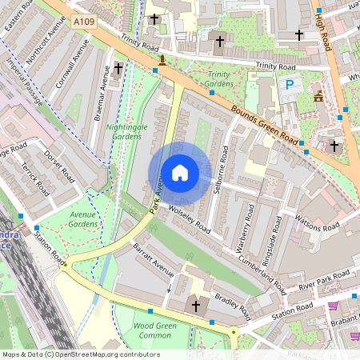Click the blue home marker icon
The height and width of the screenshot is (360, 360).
point(180,173)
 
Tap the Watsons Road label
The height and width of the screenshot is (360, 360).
point(317,221)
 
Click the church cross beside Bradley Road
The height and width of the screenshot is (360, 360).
point(195,305)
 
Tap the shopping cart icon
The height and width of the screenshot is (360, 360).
point(333,306)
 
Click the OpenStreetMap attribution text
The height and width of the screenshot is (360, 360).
point(81,354)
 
